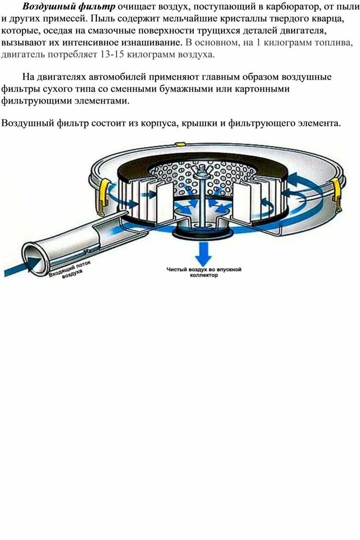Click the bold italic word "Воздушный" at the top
[x=49, y=7]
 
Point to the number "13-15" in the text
[x=112, y=55]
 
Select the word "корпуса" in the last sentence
[x=159, y=123]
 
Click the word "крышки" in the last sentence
[x=199, y=123]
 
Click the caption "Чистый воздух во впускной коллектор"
[x=204, y=272]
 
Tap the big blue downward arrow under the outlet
[x=203, y=253]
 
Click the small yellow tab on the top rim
[x=180, y=144]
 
